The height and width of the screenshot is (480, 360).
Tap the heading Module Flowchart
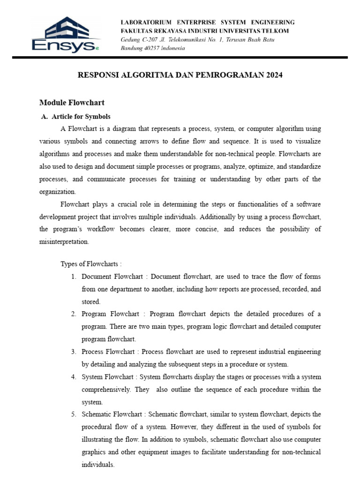[x=72, y=103]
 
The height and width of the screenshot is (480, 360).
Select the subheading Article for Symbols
[x=81, y=116]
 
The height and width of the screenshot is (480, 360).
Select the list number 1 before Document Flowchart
[x=74, y=277]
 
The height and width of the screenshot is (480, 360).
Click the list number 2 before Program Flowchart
[x=74, y=314]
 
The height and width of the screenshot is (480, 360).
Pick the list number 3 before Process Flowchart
[x=74, y=352]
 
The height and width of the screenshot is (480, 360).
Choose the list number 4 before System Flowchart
[x=74, y=377]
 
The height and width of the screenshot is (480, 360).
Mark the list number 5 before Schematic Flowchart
[x=74, y=414]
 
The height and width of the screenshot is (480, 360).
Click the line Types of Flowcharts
[x=91, y=264]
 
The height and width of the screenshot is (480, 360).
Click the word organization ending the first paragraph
[x=58, y=191]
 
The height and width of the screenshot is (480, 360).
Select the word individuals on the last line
[x=97, y=465]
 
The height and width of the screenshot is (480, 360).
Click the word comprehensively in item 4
[x=106, y=390]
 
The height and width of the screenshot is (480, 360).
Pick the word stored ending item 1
[x=91, y=302]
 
